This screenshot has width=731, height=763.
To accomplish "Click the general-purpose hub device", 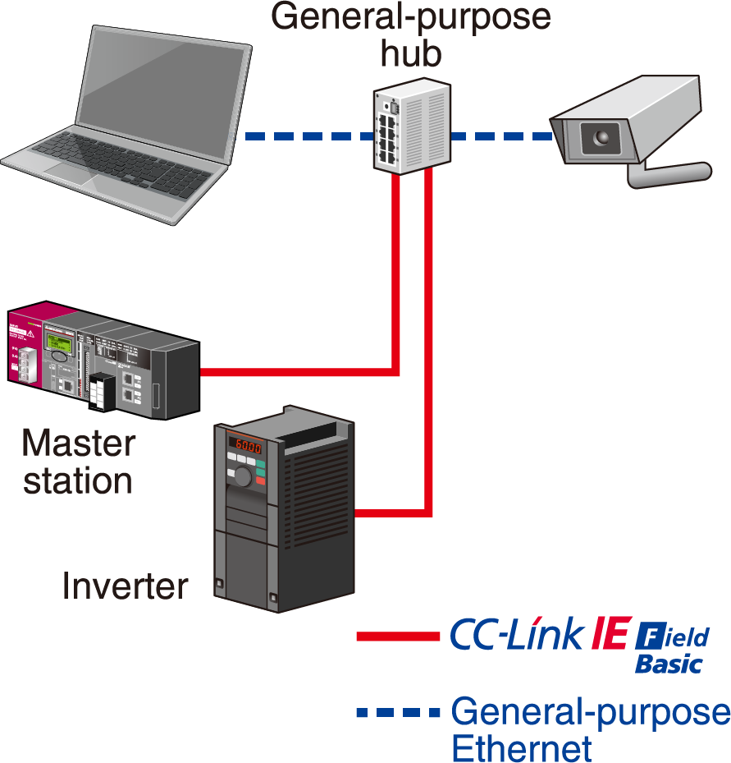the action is [412, 126].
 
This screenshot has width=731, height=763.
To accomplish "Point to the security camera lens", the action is [601, 138].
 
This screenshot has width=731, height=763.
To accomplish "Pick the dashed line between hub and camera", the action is [501, 136].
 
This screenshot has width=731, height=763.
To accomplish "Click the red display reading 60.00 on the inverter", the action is [248, 445].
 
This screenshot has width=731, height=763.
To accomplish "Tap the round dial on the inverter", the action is [243, 476].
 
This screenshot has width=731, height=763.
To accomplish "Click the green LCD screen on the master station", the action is [59, 343].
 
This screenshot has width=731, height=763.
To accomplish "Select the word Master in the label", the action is [79, 443].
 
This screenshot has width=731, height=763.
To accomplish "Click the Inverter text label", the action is [125, 586].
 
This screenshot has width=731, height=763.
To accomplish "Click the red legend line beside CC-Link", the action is [398, 636].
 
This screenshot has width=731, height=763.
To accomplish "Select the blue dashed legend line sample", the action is [398, 712].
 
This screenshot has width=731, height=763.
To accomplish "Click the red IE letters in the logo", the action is [611, 632].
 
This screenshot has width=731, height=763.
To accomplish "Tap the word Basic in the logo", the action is [669, 664].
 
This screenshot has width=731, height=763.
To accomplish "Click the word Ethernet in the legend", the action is [522, 748].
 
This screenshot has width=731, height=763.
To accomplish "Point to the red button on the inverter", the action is [261, 480].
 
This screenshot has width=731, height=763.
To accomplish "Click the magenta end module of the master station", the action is [25, 346].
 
